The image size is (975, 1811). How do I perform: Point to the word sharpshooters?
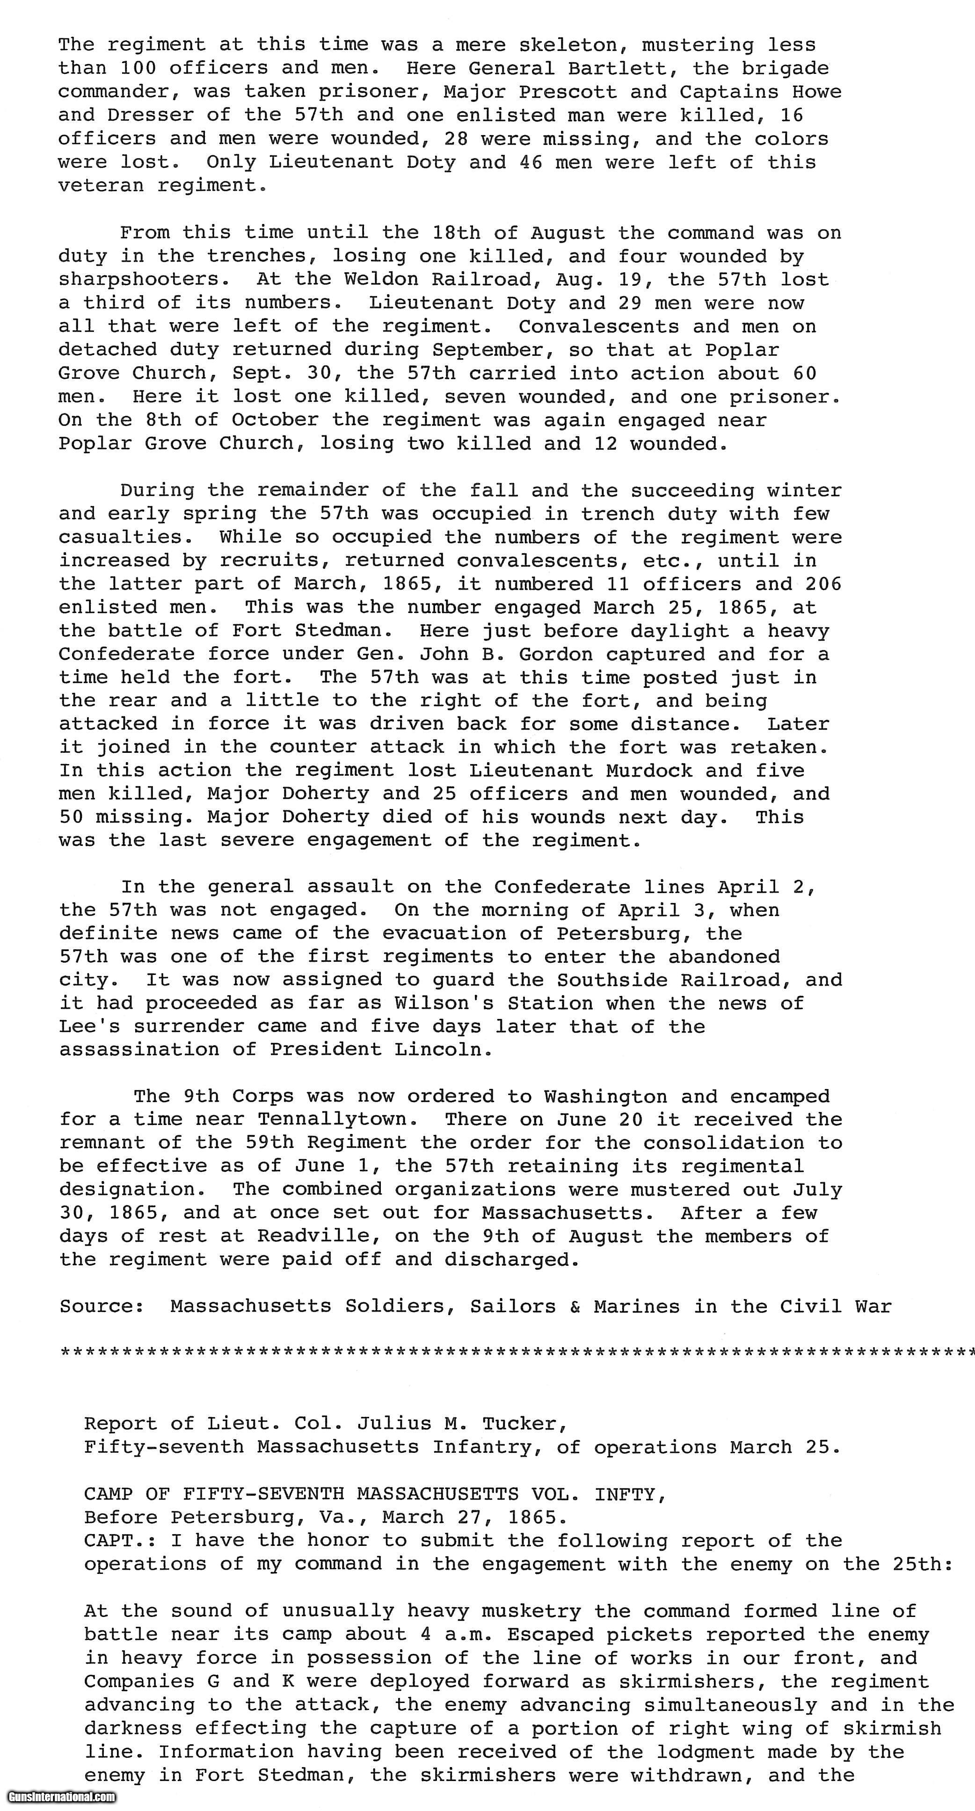[144, 280]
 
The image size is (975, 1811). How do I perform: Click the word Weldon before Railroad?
[380, 280]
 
